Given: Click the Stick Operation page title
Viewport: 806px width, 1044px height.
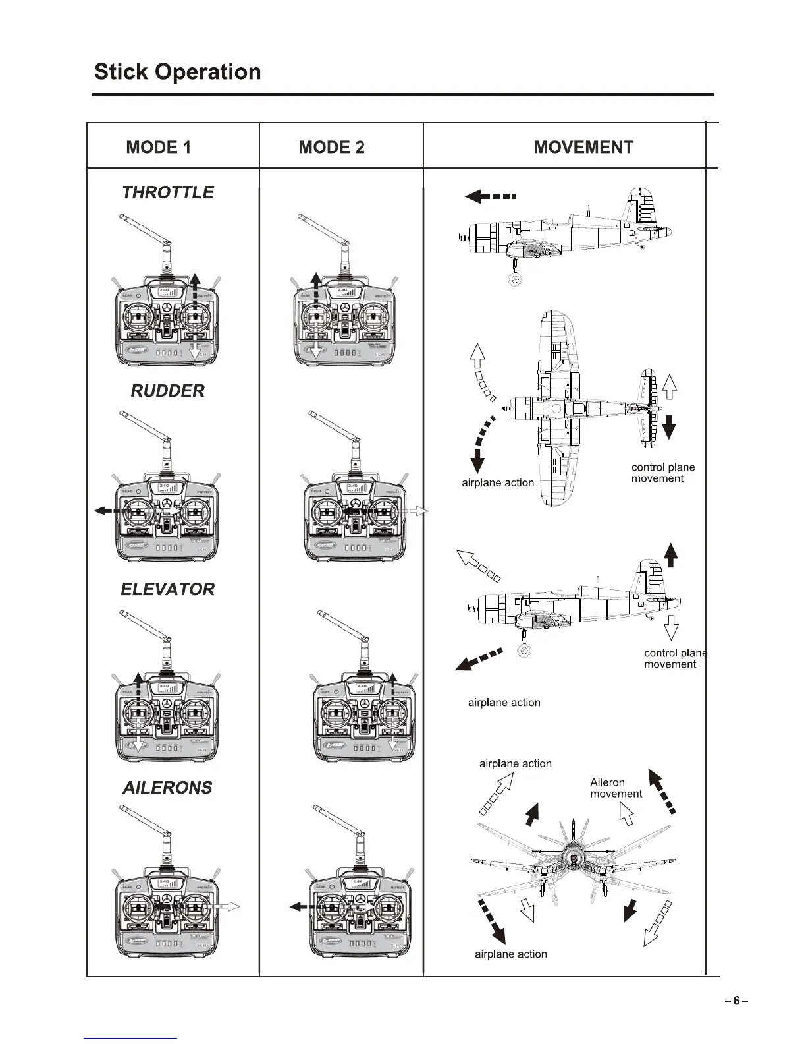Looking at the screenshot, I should [177, 72].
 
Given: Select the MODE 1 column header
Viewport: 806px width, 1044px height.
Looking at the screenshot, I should [158, 147].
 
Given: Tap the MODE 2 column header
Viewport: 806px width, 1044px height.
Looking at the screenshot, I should [331, 147].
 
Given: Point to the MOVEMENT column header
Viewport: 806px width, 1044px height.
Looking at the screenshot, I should [583, 147].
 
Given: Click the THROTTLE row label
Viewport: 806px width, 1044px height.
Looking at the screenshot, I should [168, 192].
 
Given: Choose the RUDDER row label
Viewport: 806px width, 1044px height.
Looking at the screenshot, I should [168, 391].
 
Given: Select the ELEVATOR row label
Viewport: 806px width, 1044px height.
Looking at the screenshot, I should [168, 589].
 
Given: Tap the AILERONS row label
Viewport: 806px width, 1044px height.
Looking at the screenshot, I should [168, 788].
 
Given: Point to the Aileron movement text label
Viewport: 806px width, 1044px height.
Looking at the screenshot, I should [616, 788].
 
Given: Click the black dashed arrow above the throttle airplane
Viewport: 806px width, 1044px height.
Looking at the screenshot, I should [491, 196].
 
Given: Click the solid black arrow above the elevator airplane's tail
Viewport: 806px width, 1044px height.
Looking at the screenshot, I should [670, 554].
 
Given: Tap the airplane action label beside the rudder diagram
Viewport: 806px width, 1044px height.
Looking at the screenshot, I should [498, 483].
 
